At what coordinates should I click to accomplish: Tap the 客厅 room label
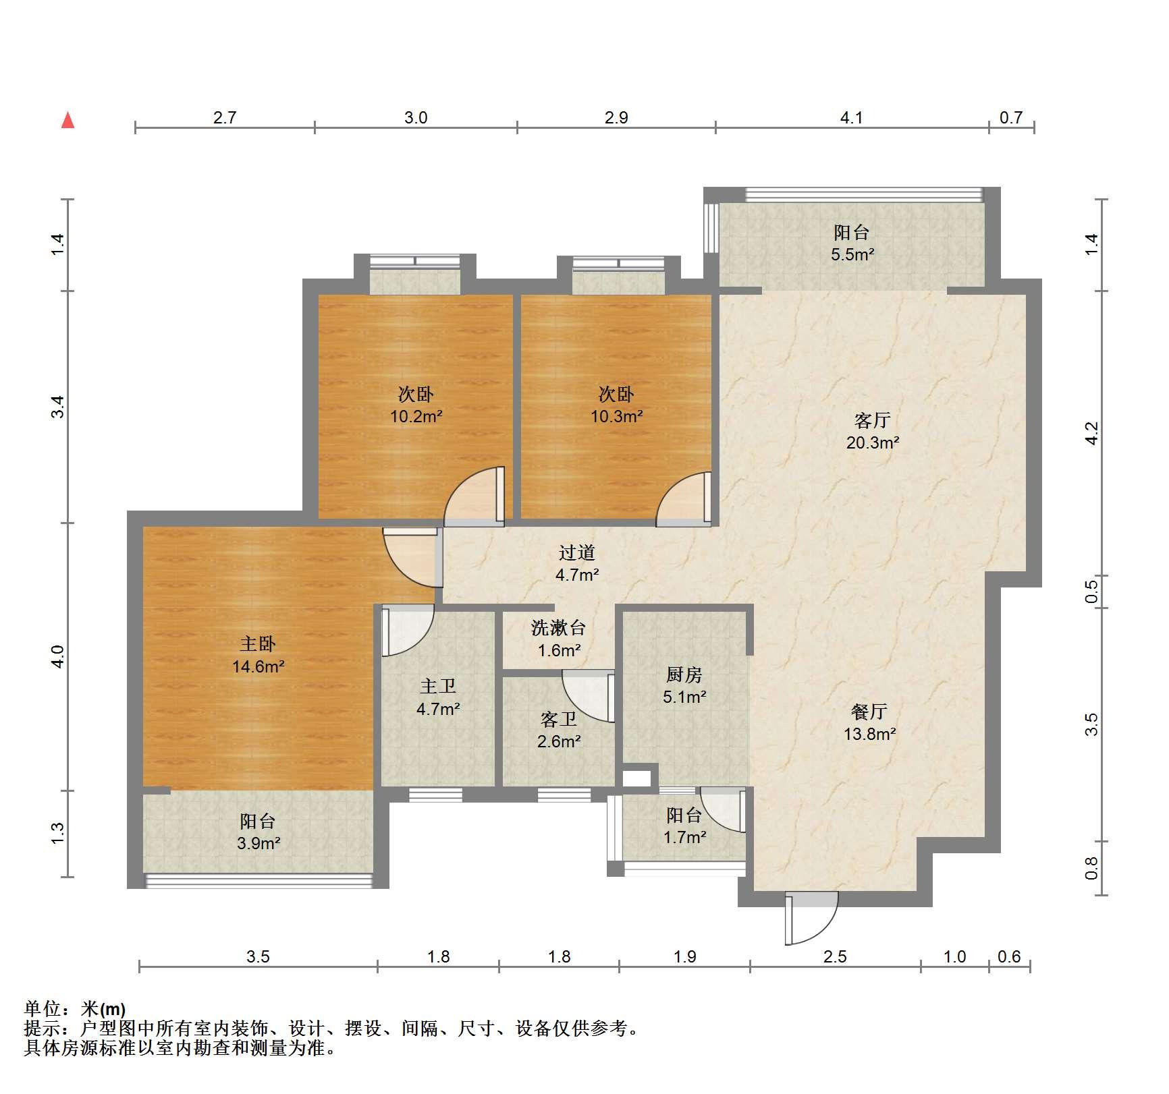[872, 421]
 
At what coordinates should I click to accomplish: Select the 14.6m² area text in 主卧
[258, 667]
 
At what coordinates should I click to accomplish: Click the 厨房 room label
[684, 674]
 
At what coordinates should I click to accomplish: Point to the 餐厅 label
[869, 712]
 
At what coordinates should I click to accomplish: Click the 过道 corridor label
[577, 553]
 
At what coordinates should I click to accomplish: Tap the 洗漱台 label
[558, 629]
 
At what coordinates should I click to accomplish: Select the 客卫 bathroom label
[558, 720]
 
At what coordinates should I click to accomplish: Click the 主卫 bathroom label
[438, 687]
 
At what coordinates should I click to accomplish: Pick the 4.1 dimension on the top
[851, 118]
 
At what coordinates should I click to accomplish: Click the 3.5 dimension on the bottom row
[258, 956]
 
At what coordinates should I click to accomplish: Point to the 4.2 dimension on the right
[1092, 432]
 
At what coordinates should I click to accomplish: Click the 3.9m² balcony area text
[259, 843]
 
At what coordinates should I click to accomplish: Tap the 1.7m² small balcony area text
[684, 838]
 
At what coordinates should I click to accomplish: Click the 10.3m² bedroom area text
[617, 417]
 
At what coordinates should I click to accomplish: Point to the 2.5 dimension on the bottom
[835, 956]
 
